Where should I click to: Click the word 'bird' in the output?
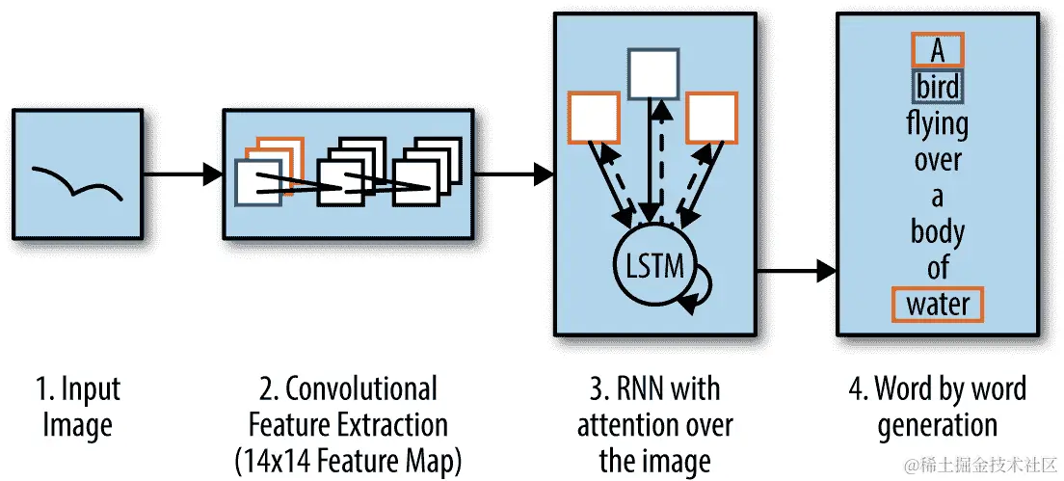pos(938,88)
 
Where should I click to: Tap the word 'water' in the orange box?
pos(938,305)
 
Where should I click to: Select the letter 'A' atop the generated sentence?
pos(937,51)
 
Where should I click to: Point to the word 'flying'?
pos(938,124)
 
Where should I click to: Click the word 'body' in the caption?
pos(938,232)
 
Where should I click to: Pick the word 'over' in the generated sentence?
pos(938,160)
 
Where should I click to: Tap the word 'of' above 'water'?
pos(938,267)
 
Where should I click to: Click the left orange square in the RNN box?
pos(594,117)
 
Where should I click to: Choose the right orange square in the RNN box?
pos(712,117)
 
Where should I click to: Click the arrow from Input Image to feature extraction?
pos(182,174)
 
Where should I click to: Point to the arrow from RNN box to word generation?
pos(796,271)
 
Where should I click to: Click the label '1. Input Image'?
pos(77,407)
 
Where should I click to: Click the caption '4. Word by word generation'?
pos(937,407)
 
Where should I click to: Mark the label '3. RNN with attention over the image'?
pos(655,424)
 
